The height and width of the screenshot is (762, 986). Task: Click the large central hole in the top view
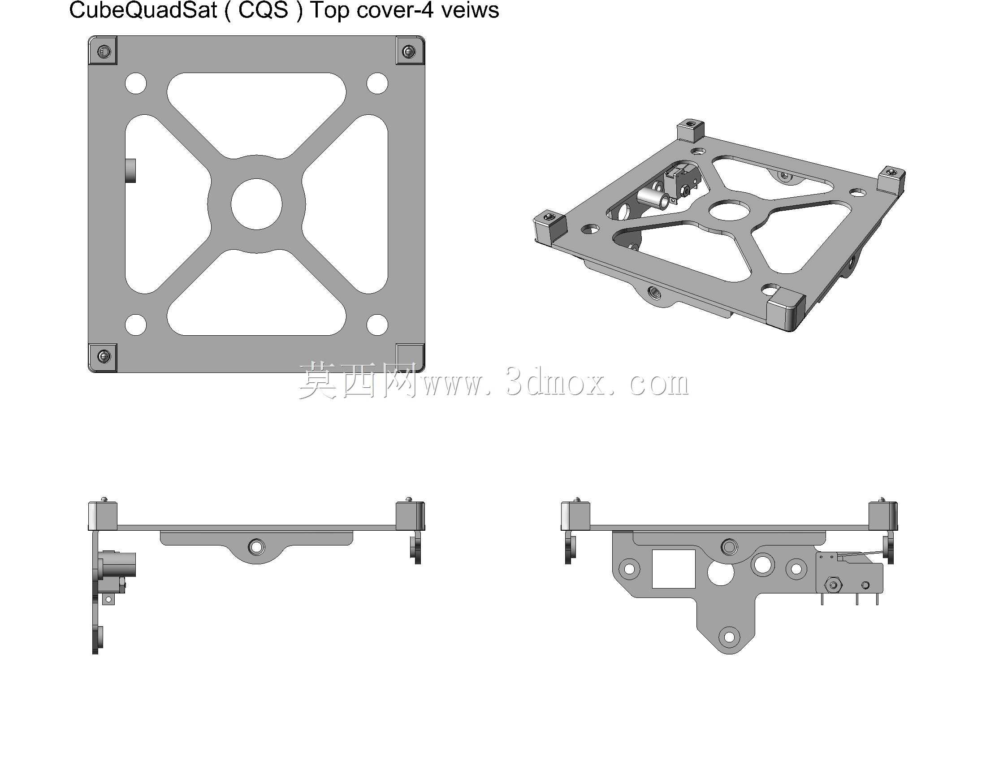pyautogui.click(x=256, y=204)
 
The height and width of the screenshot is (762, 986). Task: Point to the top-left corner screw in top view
pyautogui.click(x=104, y=51)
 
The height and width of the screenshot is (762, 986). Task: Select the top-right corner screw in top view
pyautogui.click(x=409, y=51)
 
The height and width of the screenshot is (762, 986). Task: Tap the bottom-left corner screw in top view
pyautogui.click(x=104, y=356)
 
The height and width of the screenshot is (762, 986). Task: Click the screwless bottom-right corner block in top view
pyautogui.click(x=410, y=357)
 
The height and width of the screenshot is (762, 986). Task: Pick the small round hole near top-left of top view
pyautogui.click(x=136, y=83)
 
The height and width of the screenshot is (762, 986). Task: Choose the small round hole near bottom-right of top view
pyautogui.click(x=377, y=325)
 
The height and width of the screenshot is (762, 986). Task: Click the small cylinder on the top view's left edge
pyautogui.click(x=131, y=171)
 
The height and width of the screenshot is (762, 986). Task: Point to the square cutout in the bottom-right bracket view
pyautogui.click(x=674, y=569)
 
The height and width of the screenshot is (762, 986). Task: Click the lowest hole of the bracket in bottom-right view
pyautogui.click(x=730, y=637)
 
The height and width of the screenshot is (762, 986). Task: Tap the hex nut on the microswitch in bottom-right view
pyautogui.click(x=833, y=585)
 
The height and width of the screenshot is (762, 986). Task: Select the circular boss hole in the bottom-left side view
pyautogui.click(x=256, y=547)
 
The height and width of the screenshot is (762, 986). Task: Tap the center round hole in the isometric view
pyautogui.click(x=730, y=210)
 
